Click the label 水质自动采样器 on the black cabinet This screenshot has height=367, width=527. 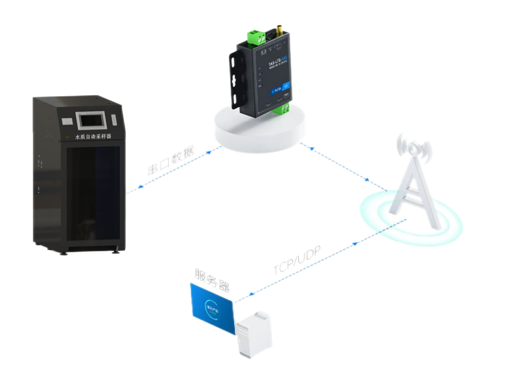coord(93,136)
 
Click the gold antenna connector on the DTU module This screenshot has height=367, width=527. coord(279,30)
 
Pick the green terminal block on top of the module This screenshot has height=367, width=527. coord(256,38)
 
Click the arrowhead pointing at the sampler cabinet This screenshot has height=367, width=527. coord(140,187)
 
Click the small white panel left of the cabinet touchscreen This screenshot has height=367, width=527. coord(67,122)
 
